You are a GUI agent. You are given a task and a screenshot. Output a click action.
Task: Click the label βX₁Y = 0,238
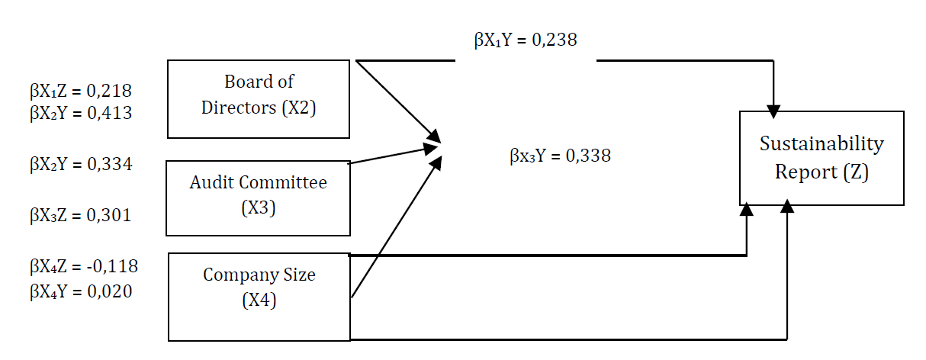pyautogui.click(x=525, y=40)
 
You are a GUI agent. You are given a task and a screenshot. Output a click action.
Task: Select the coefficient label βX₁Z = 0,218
pyautogui.click(x=80, y=90)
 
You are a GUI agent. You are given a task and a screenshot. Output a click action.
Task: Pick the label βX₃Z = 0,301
pyautogui.click(x=80, y=215)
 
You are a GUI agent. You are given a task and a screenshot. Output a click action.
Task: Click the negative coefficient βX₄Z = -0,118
pyautogui.click(x=83, y=266)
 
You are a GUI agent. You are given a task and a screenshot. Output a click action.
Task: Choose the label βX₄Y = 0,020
pyautogui.click(x=80, y=291)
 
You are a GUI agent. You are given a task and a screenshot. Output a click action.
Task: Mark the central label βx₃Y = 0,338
pyautogui.click(x=560, y=156)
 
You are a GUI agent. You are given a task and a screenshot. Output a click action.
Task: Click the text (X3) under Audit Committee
pyautogui.click(x=259, y=208)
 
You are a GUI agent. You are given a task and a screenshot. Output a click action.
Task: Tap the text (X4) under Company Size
pyautogui.click(x=259, y=301)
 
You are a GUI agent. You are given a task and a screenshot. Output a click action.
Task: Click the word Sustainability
pyautogui.click(x=821, y=143)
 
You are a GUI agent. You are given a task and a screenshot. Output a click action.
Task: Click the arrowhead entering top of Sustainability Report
pyautogui.click(x=774, y=111)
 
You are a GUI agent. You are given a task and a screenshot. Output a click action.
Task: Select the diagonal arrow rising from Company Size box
pyautogui.click(x=393, y=229)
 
